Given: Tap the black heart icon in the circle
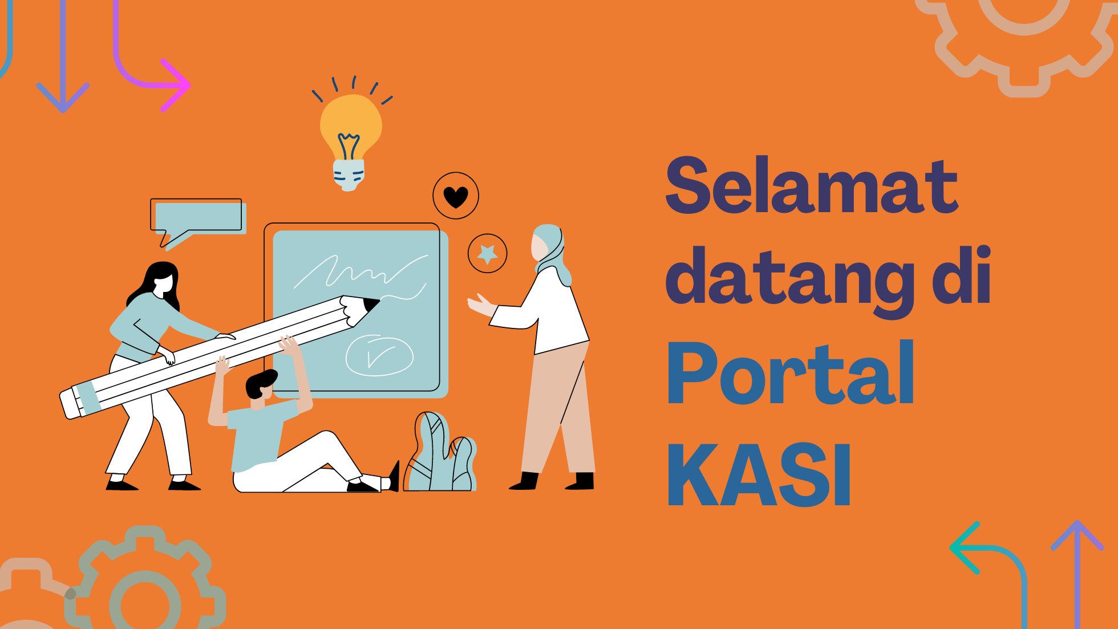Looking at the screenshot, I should tap(456, 197).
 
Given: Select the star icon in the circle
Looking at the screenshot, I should tap(487, 253).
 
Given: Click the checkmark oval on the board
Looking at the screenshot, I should tap(379, 355).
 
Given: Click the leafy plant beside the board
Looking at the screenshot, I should tap(440, 454).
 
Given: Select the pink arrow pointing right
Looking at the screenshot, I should tap(171, 86).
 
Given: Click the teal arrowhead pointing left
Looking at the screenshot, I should tap(964, 547).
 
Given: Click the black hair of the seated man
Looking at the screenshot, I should tap(260, 382).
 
